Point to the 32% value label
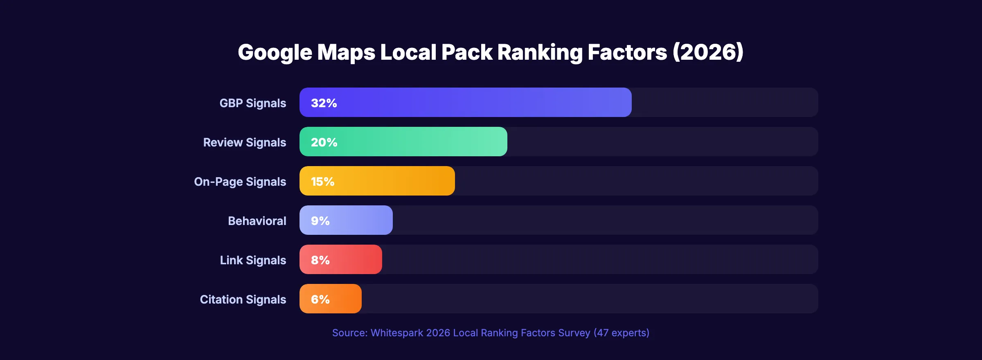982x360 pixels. [x=324, y=103]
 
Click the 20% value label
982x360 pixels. [x=324, y=142]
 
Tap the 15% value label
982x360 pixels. [x=322, y=181]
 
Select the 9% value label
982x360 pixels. [x=320, y=220]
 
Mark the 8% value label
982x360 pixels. [x=320, y=260]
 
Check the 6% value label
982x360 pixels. [x=320, y=299]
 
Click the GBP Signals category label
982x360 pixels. [x=252, y=103]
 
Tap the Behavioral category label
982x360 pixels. [x=257, y=221]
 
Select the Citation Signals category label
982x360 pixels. [x=243, y=299]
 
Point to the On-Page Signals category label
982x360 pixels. [x=240, y=182]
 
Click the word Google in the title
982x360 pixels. [x=275, y=52]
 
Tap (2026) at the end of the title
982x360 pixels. [x=708, y=52]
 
